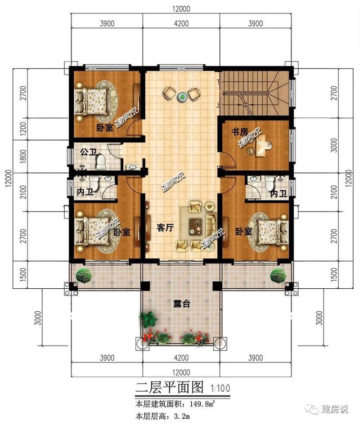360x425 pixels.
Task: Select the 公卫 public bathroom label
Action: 88,152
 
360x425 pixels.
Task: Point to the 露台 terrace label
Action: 181,304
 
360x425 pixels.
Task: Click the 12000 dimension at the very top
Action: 180,8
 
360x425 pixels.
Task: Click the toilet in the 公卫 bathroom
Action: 100,162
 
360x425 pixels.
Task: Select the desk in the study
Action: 261,147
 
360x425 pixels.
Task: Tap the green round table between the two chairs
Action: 182,97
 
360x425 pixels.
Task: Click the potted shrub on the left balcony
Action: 84,275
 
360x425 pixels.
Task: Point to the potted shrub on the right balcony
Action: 277,275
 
